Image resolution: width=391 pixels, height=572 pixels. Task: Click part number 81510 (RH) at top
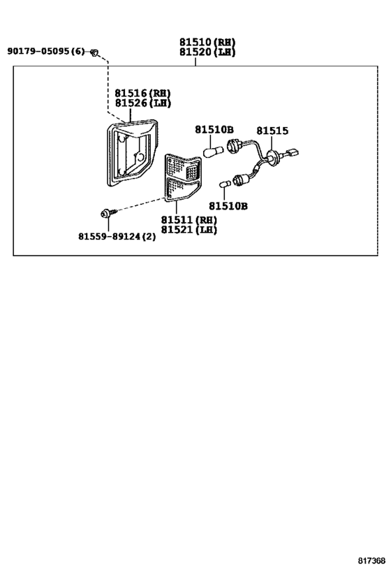point(207,42)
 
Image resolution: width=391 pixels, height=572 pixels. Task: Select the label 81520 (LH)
point(207,52)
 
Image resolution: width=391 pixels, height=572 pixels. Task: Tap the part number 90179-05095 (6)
point(45,51)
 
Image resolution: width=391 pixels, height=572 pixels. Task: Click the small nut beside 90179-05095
point(94,52)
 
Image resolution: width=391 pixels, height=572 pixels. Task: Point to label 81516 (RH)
point(142,93)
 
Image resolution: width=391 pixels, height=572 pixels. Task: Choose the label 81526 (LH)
point(142,103)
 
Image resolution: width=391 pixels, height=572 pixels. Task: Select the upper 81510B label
point(214,129)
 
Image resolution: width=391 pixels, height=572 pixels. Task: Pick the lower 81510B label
point(228,206)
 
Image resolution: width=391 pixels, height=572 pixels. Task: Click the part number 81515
point(272,131)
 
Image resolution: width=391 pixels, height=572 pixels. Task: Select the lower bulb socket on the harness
point(239,179)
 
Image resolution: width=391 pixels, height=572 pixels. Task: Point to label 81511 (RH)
point(189,220)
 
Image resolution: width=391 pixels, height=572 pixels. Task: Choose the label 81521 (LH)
point(189,230)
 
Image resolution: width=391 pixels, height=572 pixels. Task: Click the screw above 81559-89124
point(108,213)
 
